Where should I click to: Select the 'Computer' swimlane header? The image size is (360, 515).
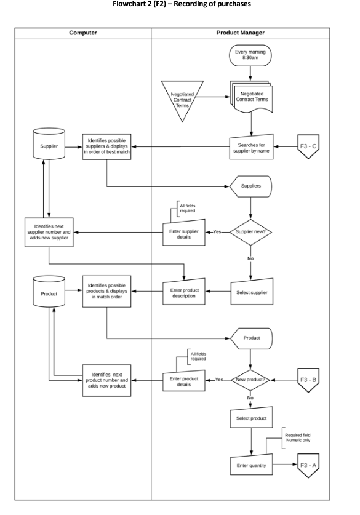(82, 33)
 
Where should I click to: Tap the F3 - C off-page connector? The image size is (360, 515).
(309, 147)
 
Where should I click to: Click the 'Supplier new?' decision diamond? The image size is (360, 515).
(250, 233)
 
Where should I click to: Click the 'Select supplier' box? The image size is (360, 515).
(251, 292)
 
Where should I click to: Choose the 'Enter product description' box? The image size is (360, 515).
(183, 292)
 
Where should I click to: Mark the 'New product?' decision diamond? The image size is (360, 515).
(250, 380)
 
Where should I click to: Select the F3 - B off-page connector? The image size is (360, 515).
(309, 380)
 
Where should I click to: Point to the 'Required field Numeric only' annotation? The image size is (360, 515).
(298, 438)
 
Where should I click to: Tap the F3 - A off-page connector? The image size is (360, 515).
(309, 465)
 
